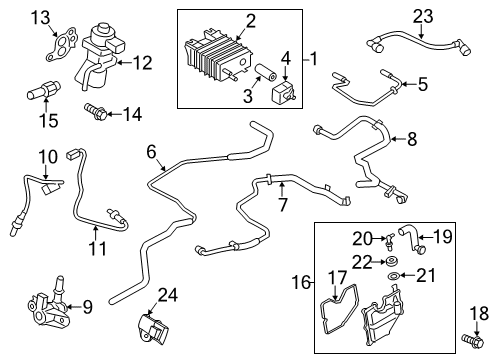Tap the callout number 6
[152, 151]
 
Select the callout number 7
[282, 205]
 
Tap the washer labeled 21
[394, 273]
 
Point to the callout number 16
[295, 285]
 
